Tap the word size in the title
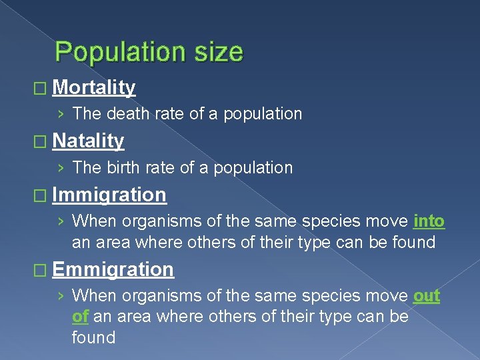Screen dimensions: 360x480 217,52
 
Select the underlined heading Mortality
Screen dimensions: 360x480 94,87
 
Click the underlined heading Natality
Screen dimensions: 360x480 88,141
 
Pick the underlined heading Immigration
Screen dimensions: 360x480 109,195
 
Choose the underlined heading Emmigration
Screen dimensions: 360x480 113,269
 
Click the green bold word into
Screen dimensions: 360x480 429,221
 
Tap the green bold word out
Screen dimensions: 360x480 427,295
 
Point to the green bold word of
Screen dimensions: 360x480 80,316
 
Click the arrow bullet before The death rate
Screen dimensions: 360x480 61,114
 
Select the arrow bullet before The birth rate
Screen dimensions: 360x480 61,167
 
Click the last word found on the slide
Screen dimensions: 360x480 94,337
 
